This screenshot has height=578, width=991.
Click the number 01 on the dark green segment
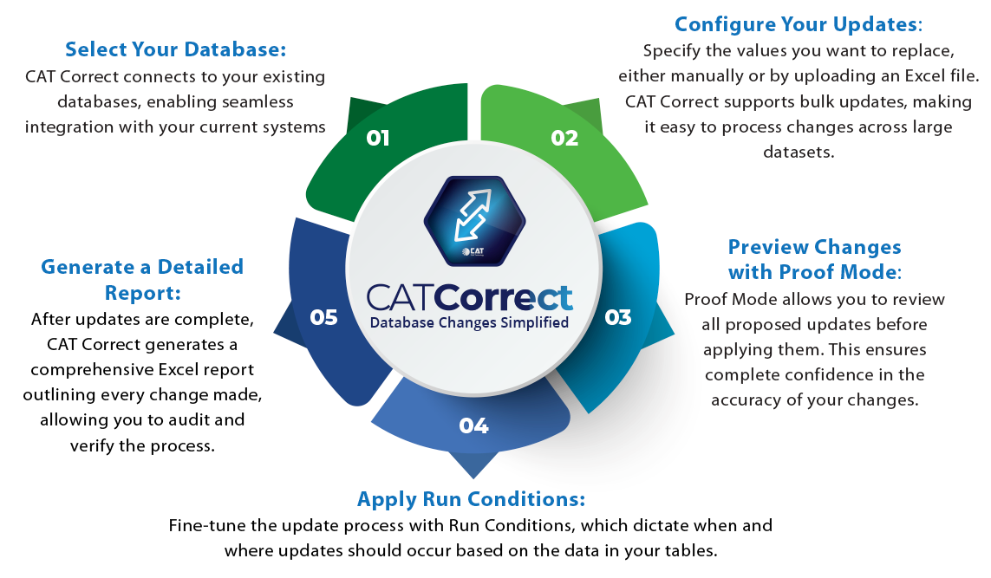pos(378,138)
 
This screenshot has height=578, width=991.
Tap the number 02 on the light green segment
pos(564,138)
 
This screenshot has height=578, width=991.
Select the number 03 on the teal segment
pos(618,317)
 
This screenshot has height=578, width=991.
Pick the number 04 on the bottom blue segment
pos(474,425)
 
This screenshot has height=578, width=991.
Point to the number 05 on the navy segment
pos(323,317)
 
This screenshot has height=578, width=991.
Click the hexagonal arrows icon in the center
pos(473,219)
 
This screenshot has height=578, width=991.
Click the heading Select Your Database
pos(175,49)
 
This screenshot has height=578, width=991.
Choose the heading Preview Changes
pos(814,247)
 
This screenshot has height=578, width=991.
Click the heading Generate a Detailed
pos(142,266)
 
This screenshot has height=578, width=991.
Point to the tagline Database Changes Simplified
pos(470,322)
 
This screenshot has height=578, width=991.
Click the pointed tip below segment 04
pos(473,471)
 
